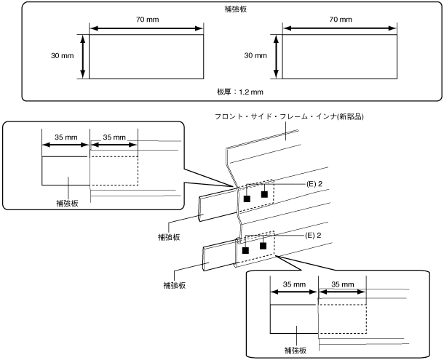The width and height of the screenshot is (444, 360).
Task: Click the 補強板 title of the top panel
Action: [236, 9]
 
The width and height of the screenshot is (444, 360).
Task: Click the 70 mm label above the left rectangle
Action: [147, 20]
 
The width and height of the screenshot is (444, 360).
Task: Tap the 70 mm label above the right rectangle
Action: [341, 20]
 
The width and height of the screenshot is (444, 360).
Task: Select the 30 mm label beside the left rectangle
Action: [62, 56]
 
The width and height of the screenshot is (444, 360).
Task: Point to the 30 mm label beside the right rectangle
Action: [255, 56]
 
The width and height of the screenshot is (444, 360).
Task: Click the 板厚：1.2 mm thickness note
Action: [240, 92]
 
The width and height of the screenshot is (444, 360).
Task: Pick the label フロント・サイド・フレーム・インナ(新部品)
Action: [289, 116]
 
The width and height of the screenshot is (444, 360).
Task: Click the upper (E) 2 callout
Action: [314, 184]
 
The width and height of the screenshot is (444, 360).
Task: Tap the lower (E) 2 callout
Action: [313, 236]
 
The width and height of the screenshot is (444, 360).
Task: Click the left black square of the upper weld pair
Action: [247, 199]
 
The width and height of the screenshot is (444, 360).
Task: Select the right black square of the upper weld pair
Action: [264, 194]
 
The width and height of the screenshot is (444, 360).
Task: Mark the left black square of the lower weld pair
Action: [245, 250]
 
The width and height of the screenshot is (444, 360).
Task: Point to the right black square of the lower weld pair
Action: [263, 246]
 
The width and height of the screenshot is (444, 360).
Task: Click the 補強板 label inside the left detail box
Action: [67, 204]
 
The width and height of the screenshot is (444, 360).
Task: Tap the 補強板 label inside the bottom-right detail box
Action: [296, 351]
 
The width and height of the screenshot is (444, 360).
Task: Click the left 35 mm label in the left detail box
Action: [66, 137]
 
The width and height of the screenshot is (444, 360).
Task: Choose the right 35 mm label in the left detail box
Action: [114, 137]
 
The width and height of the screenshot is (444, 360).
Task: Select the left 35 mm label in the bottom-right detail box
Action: [295, 284]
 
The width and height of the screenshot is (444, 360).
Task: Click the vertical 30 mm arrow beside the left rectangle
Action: [83, 56]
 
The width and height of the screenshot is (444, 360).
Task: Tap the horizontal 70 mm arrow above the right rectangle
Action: [340, 28]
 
